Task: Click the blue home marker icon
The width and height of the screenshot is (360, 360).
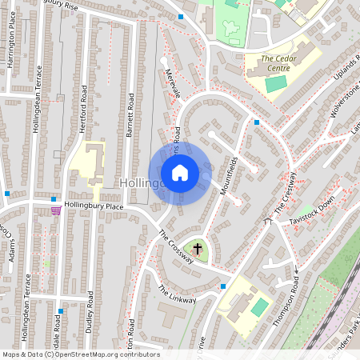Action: (180, 172)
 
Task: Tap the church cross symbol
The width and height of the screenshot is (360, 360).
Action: (198, 250)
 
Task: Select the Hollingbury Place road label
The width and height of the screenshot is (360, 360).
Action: (95, 206)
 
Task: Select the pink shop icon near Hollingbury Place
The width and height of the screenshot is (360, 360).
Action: (55, 210)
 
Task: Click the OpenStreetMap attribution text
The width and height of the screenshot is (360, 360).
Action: (80, 354)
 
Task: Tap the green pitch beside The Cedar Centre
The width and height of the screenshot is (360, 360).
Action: (275, 83)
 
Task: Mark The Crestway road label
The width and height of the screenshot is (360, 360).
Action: (286, 192)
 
